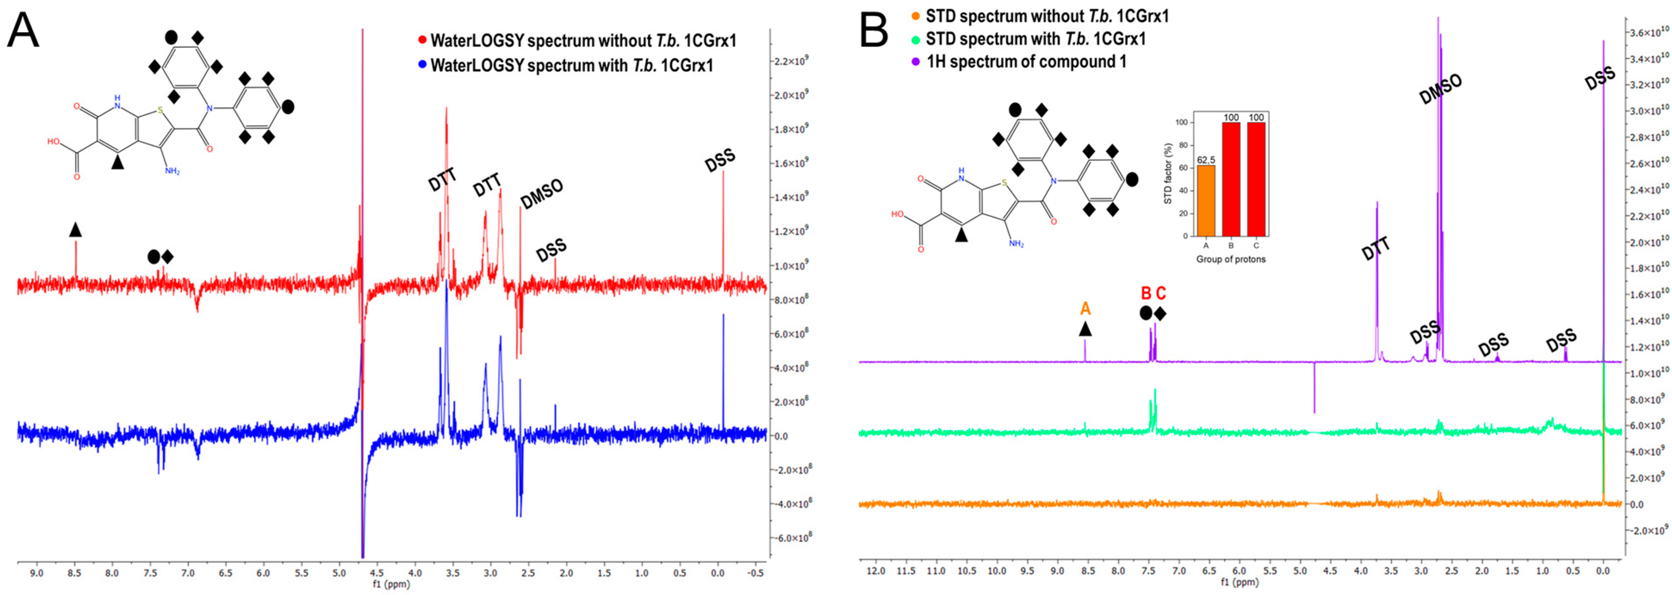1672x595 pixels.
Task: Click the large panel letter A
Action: click(x=23, y=31)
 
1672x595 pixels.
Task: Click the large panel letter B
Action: click(x=874, y=31)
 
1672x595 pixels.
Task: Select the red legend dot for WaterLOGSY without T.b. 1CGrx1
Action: click(x=422, y=40)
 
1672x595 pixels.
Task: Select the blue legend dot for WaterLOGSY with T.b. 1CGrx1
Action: click(x=422, y=65)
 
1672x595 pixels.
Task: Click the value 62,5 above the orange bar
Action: click(x=1205, y=160)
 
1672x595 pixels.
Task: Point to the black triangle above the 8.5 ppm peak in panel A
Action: click(x=75, y=229)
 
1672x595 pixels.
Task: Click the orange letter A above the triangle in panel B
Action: click(x=1085, y=308)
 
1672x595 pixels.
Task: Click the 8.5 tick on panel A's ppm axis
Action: click(x=74, y=573)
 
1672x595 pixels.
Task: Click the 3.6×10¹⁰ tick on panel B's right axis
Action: click(x=1649, y=32)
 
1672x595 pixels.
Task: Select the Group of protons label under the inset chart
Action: click(x=1231, y=259)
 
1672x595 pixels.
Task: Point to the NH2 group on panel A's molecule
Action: click(x=172, y=171)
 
